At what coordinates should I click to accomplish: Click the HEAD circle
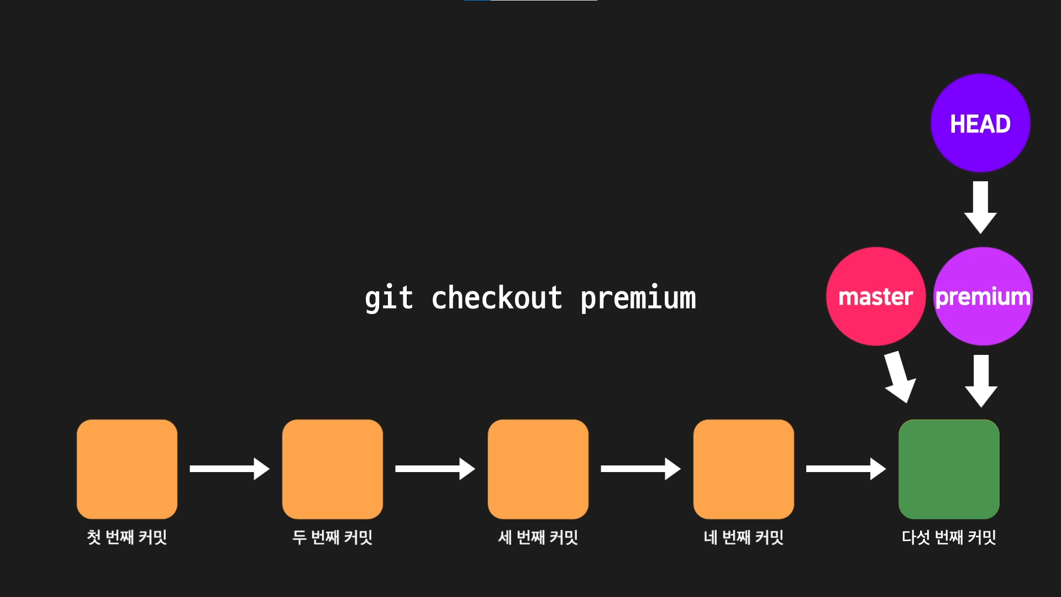click(x=980, y=123)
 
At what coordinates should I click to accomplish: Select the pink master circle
click(x=875, y=296)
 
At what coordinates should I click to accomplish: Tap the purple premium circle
click(x=983, y=296)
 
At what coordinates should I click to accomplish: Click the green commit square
click(x=949, y=469)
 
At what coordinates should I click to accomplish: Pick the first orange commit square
click(x=127, y=469)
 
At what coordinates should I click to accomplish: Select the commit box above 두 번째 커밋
click(x=333, y=469)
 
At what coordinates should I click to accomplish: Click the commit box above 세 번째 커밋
click(x=538, y=469)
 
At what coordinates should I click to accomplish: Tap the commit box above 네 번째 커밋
click(x=744, y=469)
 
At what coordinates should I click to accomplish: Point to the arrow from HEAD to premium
click(x=980, y=207)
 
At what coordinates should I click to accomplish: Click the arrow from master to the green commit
click(x=899, y=377)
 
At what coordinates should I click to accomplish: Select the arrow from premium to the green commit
click(x=981, y=380)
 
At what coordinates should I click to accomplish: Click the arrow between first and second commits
click(x=229, y=469)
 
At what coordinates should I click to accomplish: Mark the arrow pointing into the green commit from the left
click(x=845, y=469)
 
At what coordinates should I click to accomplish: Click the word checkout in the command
click(x=496, y=298)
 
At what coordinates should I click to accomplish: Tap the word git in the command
click(x=388, y=298)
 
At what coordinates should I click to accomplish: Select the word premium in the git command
click(x=638, y=299)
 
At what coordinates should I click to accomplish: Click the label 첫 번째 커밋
click(x=127, y=537)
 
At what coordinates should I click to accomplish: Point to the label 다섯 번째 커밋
click(x=949, y=537)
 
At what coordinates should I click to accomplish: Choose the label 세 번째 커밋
click(x=538, y=537)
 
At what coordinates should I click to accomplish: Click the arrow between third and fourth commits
click(x=640, y=469)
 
